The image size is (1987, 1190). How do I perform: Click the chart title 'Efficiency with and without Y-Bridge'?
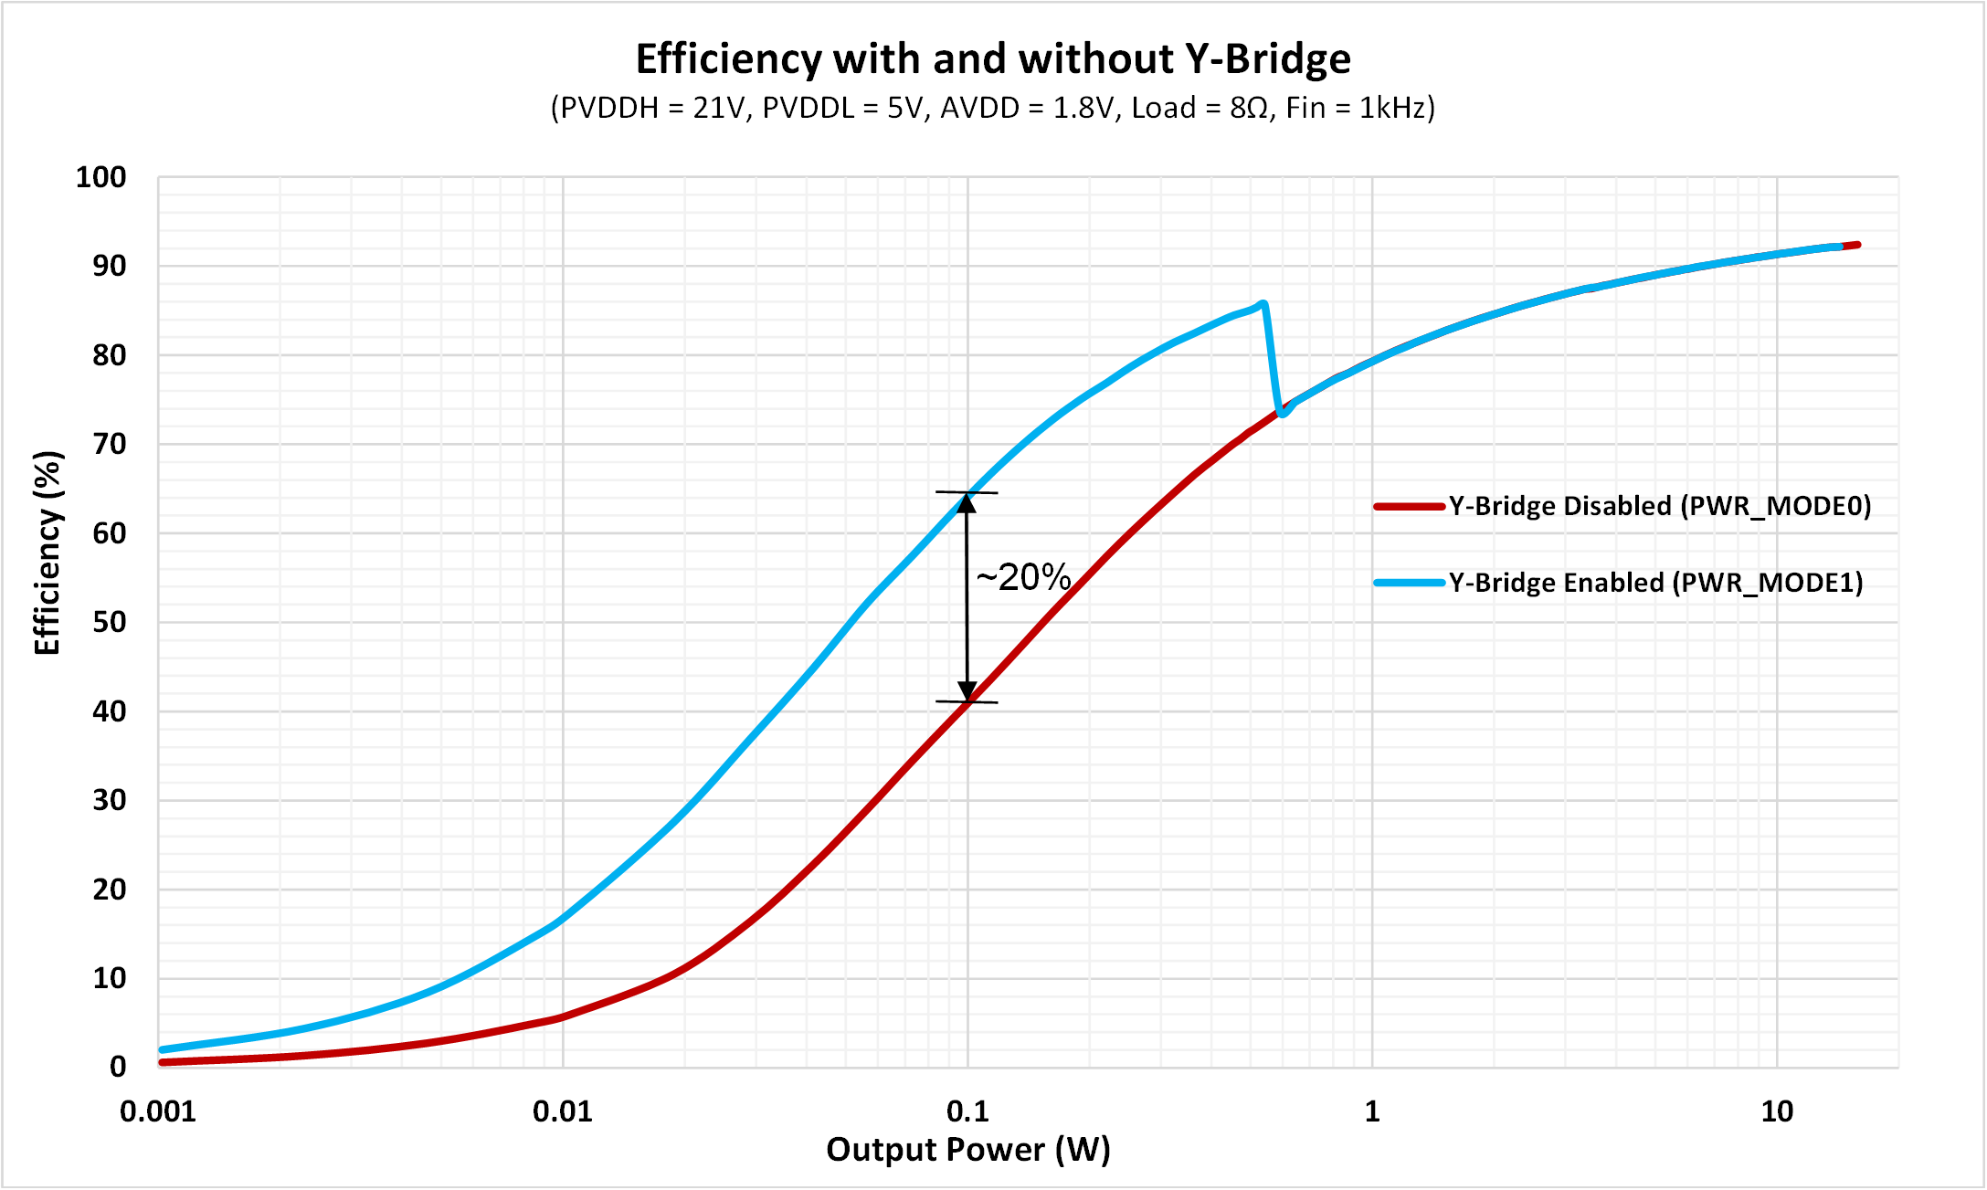click(x=993, y=59)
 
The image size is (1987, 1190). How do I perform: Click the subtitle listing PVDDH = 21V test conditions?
click(x=993, y=109)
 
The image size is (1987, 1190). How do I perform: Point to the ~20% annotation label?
click(x=1023, y=577)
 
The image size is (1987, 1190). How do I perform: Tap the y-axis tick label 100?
click(x=100, y=177)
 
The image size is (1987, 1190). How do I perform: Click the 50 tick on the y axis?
click(x=109, y=622)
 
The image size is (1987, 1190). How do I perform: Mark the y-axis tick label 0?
click(x=118, y=1067)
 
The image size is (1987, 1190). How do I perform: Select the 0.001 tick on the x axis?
click(x=158, y=1111)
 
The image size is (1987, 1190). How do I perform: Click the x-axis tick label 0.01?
click(x=563, y=1111)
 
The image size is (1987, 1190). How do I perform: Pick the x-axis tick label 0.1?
click(x=967, y=1111)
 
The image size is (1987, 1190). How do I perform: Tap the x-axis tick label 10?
click(x=1777, y=1111)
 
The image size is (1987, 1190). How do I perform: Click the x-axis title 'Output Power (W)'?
click(x=967, y=1150)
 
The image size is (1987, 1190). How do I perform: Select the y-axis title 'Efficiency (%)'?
click(x=48, y=553)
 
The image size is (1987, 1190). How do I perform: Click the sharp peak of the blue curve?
click(x=1263, y=303)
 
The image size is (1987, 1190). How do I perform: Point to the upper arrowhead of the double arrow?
click(x=967, y=501)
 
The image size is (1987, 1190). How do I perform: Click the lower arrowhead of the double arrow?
click(x=967, y=692)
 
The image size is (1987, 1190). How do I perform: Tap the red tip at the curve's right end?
click(x=1855, y=245)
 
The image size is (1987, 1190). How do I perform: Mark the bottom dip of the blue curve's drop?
click(x=1284, y=413)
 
